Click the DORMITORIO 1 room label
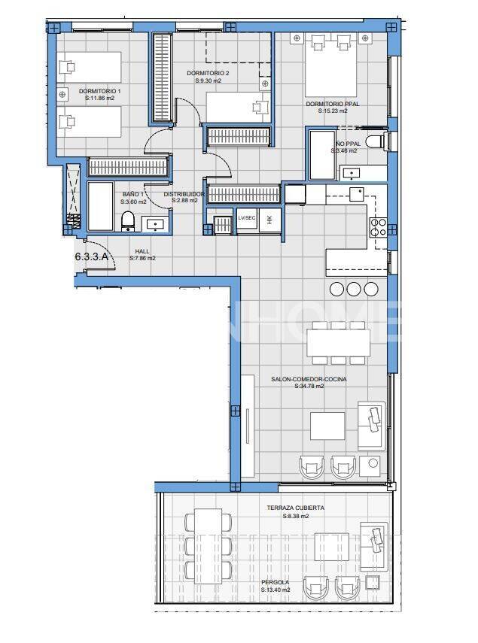100,90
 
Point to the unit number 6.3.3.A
92,256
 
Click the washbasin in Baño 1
156,223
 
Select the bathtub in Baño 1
101,206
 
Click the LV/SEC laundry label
246,218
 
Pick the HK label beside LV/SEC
269,218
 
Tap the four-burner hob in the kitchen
379,227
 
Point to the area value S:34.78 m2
309,387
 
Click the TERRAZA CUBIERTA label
295,508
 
